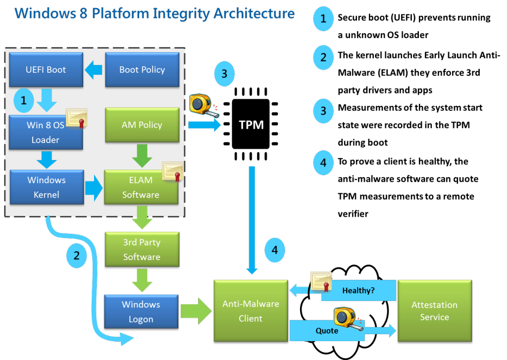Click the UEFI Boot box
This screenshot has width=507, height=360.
[x=46, y=70]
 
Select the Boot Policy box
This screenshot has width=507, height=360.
[x=142, y=70]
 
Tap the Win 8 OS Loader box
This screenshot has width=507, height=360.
[x=46, y=132]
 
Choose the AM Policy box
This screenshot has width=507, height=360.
[x=142, y=125]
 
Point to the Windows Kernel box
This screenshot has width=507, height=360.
[x=47, y=187]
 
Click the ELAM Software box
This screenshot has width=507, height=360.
[x=141, y=188]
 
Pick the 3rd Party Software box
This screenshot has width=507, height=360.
[x=142, y=250]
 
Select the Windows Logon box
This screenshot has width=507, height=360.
[x=141, y=311]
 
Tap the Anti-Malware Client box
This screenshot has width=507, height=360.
[x=251, y=311]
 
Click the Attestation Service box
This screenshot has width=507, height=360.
[x=434, y=310]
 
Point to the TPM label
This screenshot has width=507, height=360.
[x=252, y=125]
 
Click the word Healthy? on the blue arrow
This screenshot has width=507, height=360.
[x=358, y=291]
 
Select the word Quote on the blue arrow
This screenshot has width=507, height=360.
[x=327, y=330]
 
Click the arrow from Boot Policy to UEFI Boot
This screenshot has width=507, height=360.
[x=93, y=70]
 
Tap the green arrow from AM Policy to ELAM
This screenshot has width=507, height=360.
[x=142, y=155]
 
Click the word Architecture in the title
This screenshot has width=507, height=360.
[x=254, y=13]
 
